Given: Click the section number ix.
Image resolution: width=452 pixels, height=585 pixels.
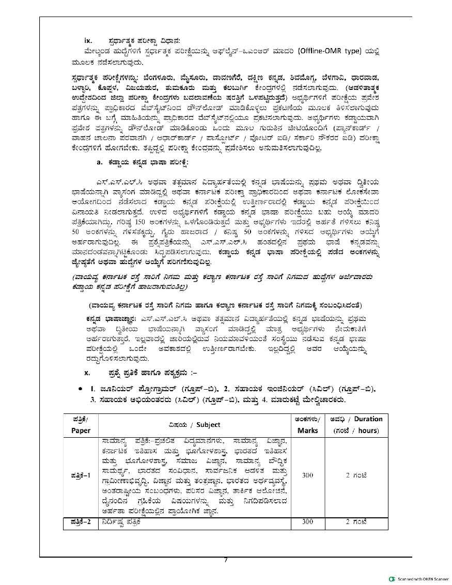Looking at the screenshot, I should pyautogui.click(x=88, y=40).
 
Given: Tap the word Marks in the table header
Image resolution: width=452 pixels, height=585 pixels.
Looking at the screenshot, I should pyautogui.click(x=308, y=430).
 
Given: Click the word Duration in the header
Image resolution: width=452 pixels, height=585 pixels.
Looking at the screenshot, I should pyautogui.click(x=368, y=419).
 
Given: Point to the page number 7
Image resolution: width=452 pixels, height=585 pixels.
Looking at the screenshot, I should pyautogui.click(x=226, y=561).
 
